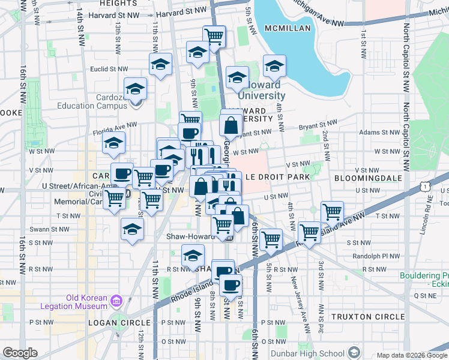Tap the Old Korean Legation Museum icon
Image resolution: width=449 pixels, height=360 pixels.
[116, 301]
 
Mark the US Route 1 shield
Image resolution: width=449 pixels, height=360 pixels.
[426, 188]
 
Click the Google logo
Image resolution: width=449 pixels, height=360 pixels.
[20, 353]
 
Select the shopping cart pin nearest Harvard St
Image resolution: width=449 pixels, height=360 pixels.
[214, 36]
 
